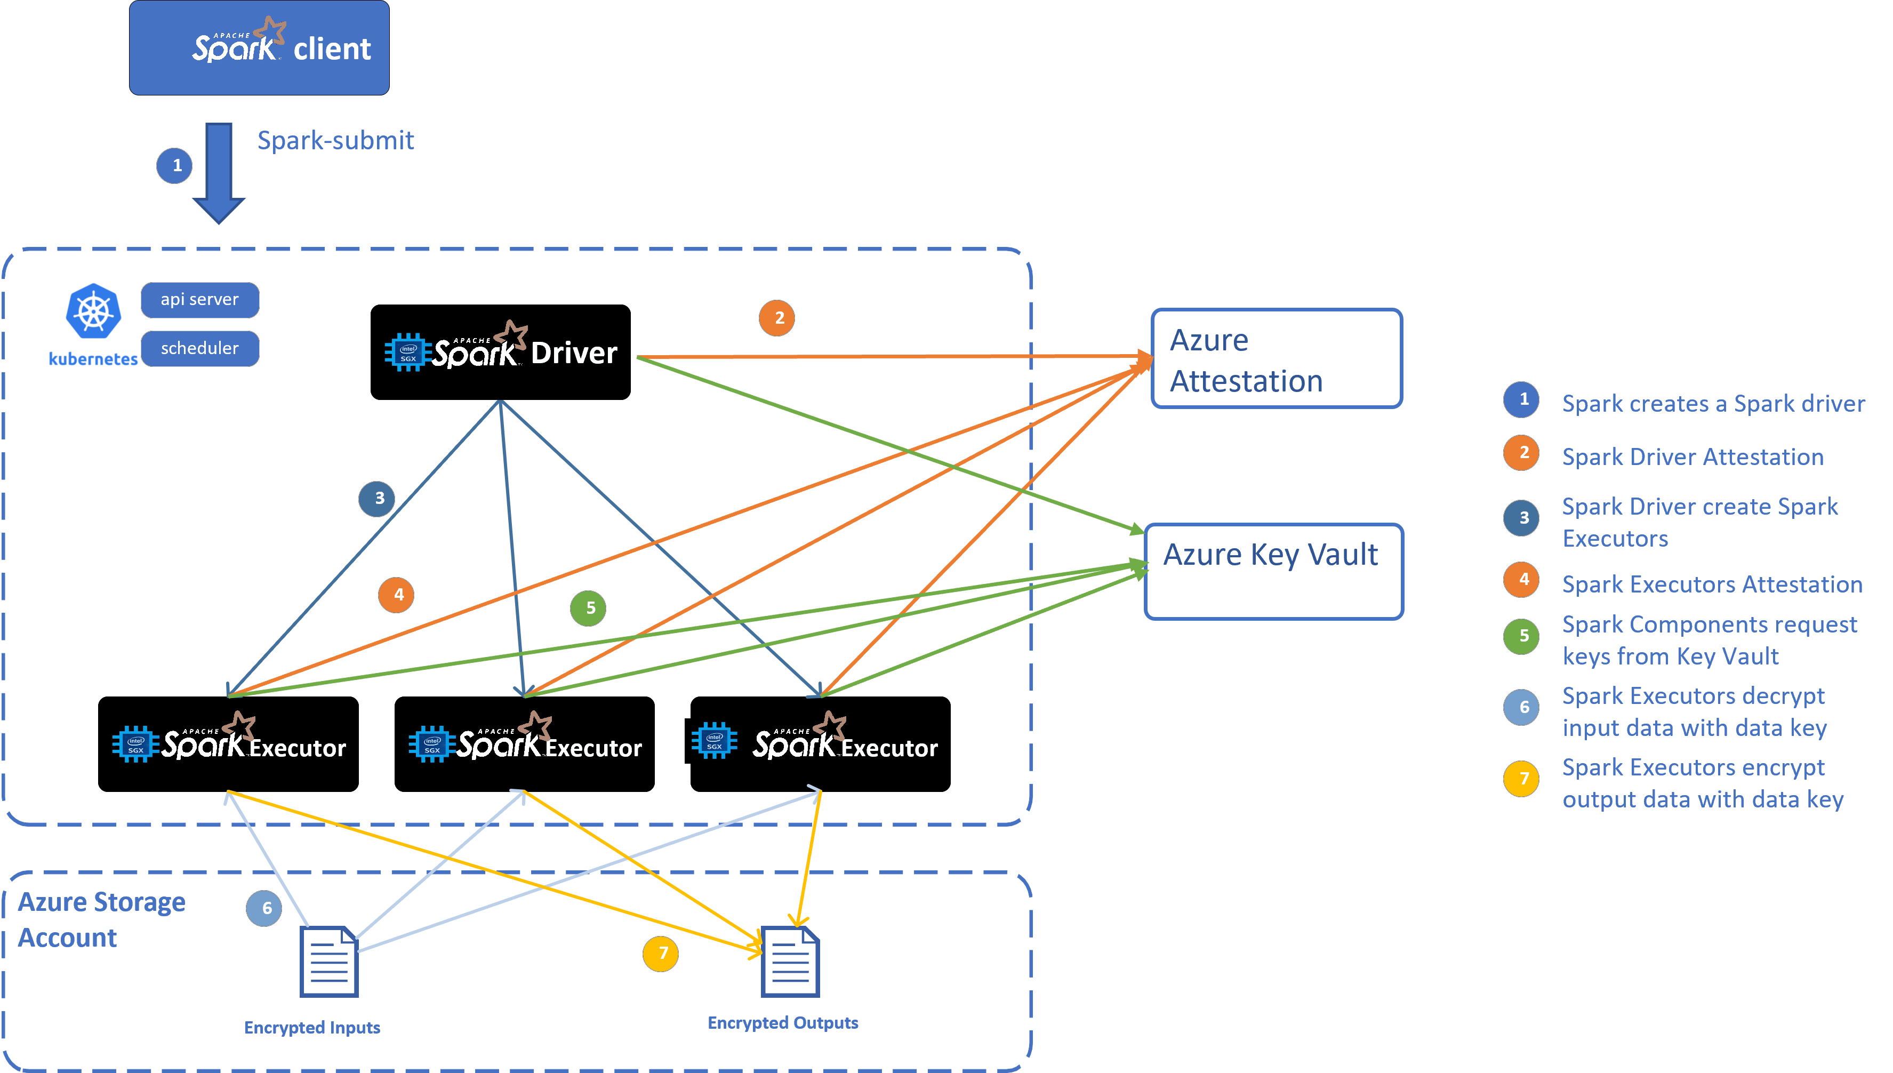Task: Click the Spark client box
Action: click(259, 48)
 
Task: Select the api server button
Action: click(199, 300)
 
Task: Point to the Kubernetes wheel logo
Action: click(93, 311)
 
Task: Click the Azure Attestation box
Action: click(1276, 359)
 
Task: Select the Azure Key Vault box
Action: click(1273, 572)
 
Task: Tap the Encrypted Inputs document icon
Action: click(328, 962)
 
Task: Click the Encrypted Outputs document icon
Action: click(790, 962)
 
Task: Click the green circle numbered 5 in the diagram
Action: click(588, 608)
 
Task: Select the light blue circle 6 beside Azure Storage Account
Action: click(264, 908)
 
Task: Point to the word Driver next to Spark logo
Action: click(574, 354)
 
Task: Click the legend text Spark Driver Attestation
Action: click(1693, 457)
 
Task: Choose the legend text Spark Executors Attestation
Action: click(1712, 584)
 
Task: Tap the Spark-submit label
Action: click(335, 140)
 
